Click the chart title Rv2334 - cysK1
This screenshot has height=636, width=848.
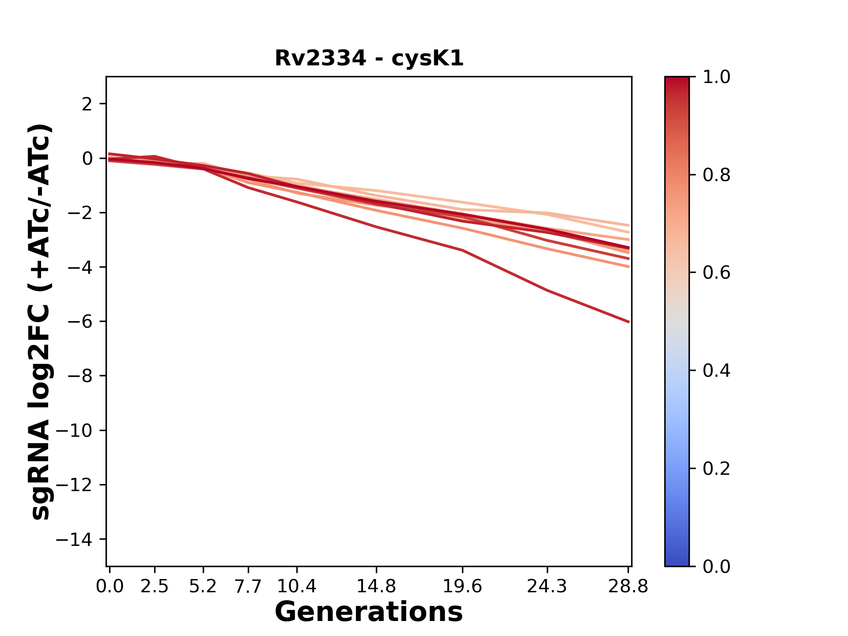[x=369, y=58]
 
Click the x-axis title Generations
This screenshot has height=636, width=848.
[x=369, y=612]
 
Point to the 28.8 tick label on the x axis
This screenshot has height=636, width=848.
[x=628, y=587]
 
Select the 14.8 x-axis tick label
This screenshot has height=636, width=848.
[x=376, y=587]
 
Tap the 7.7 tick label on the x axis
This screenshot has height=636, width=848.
[x=248, y=587]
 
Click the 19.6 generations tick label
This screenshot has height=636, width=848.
[x=462, y=587]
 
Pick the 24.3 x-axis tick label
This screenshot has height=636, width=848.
[x=547, y=587]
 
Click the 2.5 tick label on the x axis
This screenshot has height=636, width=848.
[x=155, y=587]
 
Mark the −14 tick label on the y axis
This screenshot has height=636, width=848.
[x=74, y=539]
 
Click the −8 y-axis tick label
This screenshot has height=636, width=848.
[x=79, y=376]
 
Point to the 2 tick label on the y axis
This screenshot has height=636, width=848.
[x=87, y=104]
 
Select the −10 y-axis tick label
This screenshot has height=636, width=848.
[x=74, y=431]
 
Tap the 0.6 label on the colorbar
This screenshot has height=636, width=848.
[x=716, y=273]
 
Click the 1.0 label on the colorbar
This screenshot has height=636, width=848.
[x=716, y=77]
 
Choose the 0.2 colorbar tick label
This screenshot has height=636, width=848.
[x=716, y=468]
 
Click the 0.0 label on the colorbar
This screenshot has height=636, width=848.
[x=716, y=566]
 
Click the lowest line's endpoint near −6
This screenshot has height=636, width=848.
[x=628, y=322]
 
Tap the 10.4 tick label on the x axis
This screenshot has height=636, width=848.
[x=296, y=587]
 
